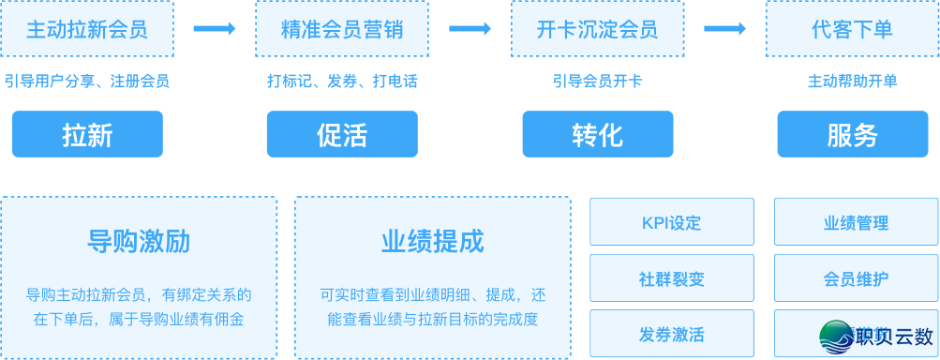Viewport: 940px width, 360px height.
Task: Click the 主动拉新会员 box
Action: click(87, 29)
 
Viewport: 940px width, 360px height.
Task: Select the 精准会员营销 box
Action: click(342, 29)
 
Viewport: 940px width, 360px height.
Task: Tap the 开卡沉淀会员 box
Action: click(597, 29)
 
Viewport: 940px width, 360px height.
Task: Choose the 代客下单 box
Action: click(852, 29)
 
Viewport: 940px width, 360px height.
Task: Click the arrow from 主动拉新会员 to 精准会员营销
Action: click(215, 29)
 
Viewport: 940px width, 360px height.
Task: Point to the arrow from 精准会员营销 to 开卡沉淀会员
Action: click(470, 29)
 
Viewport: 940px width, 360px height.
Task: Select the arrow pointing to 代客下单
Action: click(725, 29)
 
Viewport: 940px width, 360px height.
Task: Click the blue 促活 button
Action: click(342, 134)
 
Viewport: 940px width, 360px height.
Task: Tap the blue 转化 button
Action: click(597, 134)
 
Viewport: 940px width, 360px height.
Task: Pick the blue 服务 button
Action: click(852, 134)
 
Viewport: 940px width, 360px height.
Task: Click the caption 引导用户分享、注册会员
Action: click(87, 81)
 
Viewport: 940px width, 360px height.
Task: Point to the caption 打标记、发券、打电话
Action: click(342, 81)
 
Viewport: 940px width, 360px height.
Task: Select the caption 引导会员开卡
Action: click(597, 81)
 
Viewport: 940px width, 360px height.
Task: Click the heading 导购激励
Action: click(139, 242)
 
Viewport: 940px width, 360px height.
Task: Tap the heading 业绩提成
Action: click(432, 242)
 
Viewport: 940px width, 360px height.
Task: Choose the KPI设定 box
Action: click(671, 223)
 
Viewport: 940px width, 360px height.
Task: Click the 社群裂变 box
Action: click(671, 278)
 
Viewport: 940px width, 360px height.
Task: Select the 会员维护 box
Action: click(856, 278)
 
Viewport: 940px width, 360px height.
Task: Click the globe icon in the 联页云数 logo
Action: click(835, 336)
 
